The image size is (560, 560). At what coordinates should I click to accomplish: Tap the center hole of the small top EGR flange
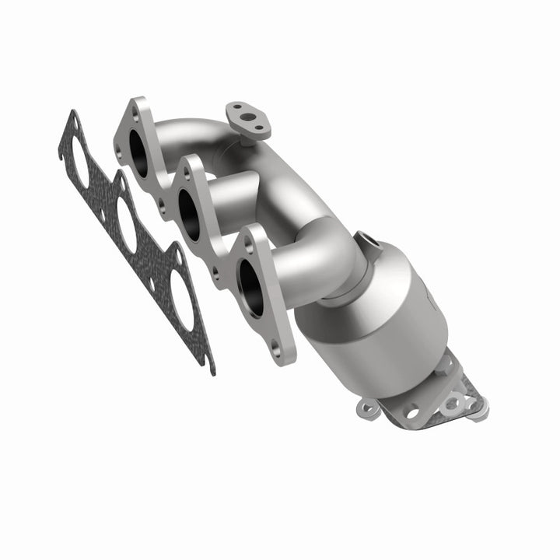tap(247, 119)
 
